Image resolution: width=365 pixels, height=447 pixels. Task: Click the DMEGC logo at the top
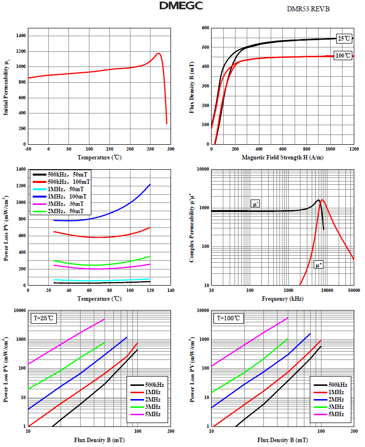point(181,6)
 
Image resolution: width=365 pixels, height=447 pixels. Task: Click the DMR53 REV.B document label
point(308,9)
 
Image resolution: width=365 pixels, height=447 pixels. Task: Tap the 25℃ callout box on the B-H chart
point(344,38)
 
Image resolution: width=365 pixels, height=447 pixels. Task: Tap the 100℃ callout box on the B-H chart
point(343,56)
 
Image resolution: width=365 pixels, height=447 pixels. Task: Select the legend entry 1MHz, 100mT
point(65,196)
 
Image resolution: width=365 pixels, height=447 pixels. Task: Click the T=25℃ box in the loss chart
point(44,318)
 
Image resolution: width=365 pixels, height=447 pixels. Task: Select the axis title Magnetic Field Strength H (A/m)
point(282,157)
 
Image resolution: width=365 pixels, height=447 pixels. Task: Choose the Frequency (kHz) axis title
point(282,298)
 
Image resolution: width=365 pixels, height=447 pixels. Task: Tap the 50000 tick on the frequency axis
point(354,291)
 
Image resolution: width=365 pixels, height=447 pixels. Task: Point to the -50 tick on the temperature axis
point(28,149)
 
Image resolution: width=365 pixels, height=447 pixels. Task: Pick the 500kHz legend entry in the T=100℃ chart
point(338,385)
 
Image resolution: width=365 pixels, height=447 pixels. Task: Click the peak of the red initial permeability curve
point(159,53)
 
